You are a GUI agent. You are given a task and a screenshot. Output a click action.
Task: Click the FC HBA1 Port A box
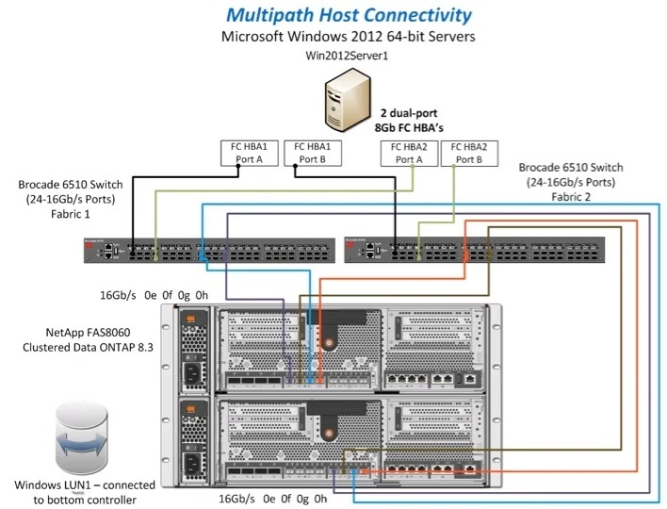coord(242,154)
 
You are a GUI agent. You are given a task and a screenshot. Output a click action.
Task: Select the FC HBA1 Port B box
coord(311,154)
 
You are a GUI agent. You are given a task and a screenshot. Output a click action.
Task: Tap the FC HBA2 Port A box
coord(409,154)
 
